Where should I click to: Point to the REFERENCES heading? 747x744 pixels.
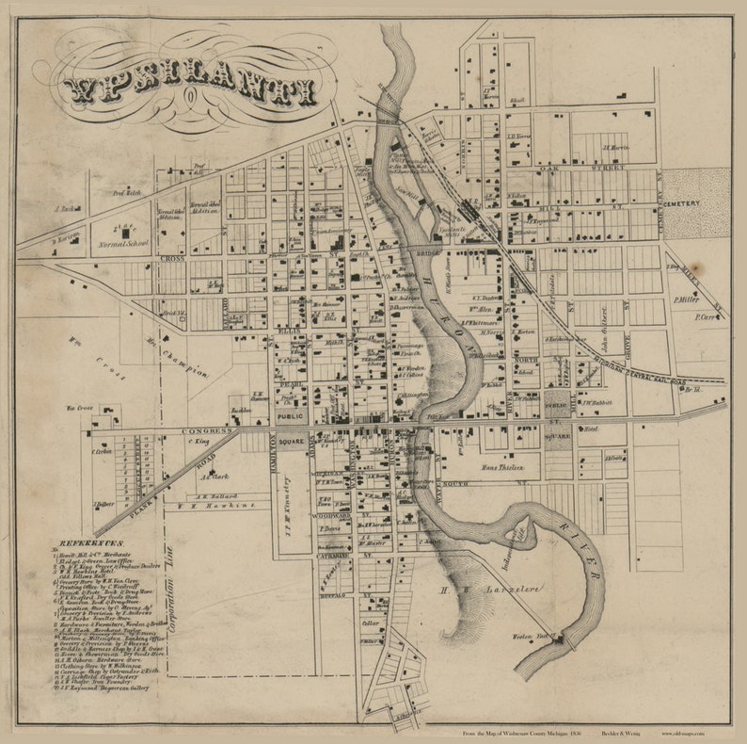coord(91,543)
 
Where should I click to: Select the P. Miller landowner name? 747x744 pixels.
coord(687,299)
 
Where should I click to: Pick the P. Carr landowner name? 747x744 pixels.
coord(706,317)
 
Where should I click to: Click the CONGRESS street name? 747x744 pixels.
coord(204,430)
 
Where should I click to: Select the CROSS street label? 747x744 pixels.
coord(172,257)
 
